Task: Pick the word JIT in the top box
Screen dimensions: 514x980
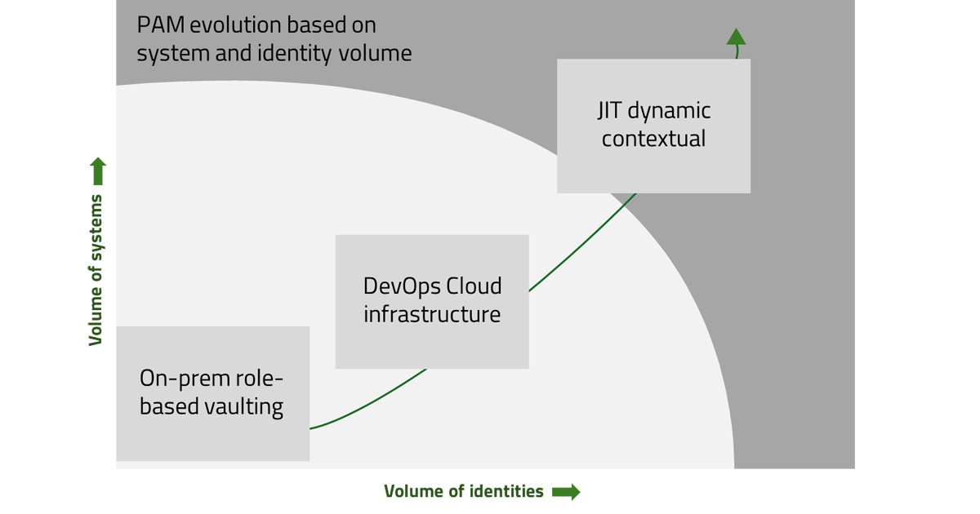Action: coord(610,111)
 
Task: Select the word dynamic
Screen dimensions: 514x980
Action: coord(670,112)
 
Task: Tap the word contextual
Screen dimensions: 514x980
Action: coord(653,139)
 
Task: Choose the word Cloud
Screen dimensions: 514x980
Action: coord(474,287)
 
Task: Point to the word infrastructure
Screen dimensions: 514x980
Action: coord(432,314)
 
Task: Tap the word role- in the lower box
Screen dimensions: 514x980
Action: coord(261,379)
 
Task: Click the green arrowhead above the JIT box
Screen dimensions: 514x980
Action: coord(736,36)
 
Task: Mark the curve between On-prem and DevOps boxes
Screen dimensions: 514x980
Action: coord(376,400)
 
